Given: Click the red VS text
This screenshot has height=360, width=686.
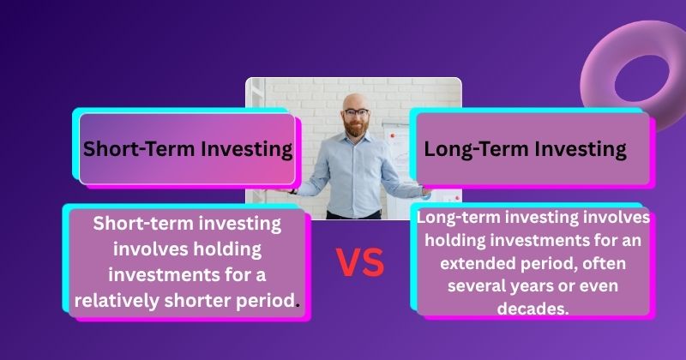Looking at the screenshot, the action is coord(360,262).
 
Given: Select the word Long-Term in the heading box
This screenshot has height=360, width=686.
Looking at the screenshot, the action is coord(477,149).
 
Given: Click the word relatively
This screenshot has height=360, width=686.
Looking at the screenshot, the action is coord(116,301).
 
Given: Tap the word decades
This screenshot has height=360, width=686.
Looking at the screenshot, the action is coord(533,309).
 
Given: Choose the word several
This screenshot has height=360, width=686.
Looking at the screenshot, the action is coord(474,286).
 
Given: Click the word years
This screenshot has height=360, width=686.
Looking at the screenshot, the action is coord(529,287).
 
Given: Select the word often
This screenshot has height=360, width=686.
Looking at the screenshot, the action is coord(605,263).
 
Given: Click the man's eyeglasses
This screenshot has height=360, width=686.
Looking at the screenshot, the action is coord(356,112).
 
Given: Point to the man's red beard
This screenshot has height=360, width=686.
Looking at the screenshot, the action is coord(356,126).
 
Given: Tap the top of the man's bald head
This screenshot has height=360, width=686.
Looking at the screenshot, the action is coord(355,95).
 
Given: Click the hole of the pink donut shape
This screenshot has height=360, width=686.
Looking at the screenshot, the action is coord(641,79).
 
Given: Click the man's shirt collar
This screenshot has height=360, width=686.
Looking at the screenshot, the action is coord(357,139).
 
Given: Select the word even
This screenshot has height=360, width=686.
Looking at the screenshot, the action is coord(599,286).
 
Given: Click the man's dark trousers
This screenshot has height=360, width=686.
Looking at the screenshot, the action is coord(354,215).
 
